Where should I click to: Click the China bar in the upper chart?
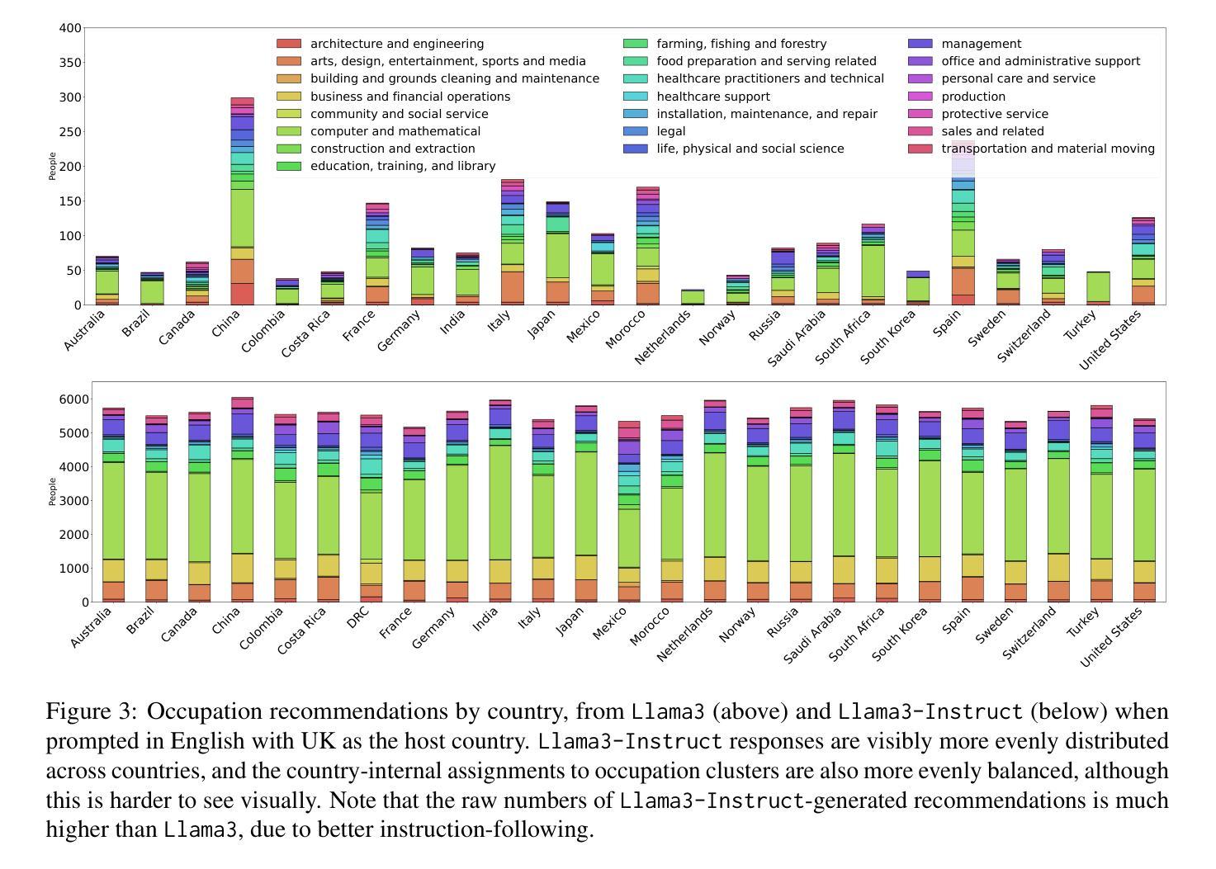pos(242,201)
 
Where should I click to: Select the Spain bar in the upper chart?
pos(963,223)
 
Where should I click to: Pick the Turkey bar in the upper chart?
pos(1098,288)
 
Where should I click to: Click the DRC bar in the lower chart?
pos(371,508)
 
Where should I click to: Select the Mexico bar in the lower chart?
pos(629,512)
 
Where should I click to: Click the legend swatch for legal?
pos(635,131)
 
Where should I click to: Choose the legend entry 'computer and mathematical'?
pos(378,131)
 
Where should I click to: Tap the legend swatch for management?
pos(920,44)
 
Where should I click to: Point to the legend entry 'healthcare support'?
pos(697,97)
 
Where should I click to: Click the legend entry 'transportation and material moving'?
pos(1031,149)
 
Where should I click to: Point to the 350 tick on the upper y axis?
pos(70,63)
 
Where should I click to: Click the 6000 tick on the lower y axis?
pos(73,399)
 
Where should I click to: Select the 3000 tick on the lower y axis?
pos(73,500)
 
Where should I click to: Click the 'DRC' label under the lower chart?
pos(359,618)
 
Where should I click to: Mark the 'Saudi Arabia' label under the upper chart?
pos(797,338)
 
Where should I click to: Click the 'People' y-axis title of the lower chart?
pos(52,492)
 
